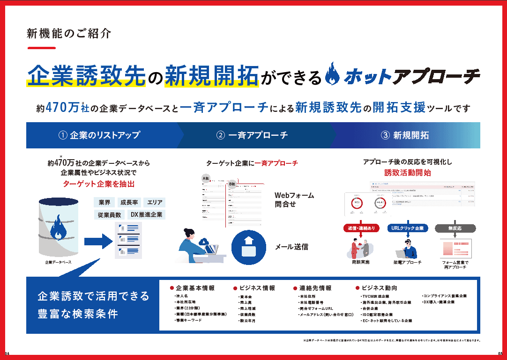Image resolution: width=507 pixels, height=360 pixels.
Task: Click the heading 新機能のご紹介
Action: tap(69, 34)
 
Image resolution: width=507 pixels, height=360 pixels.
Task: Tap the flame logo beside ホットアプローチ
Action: tap(332, 74)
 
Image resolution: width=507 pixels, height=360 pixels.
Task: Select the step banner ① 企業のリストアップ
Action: tap(99, 135)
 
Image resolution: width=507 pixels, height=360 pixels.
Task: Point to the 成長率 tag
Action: tap(129, 202)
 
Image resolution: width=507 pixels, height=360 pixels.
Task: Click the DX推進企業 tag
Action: tap(146, 214)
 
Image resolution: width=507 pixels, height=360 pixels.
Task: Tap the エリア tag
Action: tap(155, 202)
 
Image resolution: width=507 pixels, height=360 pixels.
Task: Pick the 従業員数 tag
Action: tap(110, 214)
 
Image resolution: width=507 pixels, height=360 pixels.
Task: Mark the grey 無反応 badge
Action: tap(455, 228)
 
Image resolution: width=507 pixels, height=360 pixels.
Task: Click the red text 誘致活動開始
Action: tap(407, 173)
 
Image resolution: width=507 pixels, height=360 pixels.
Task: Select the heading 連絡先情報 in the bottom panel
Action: tap(315, 288)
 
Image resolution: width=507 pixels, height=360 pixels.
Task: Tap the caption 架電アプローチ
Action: tap(407, 262)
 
